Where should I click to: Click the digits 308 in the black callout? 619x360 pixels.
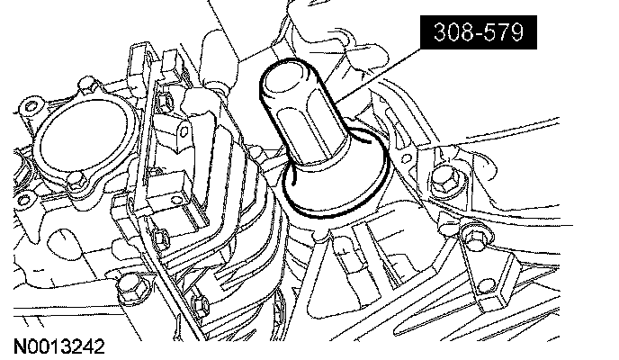[x=452, y=32]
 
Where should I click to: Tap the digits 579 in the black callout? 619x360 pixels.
[x=506, y=32]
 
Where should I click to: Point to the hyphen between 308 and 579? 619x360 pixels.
[x=479, y=34]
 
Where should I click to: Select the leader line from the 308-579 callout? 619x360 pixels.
[x=378, y=75]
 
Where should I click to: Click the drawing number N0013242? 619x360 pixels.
[x=59, y=347]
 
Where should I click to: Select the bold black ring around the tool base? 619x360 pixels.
[x=336, y=215]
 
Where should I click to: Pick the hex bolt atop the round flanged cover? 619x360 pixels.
[x=87, y=85]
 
